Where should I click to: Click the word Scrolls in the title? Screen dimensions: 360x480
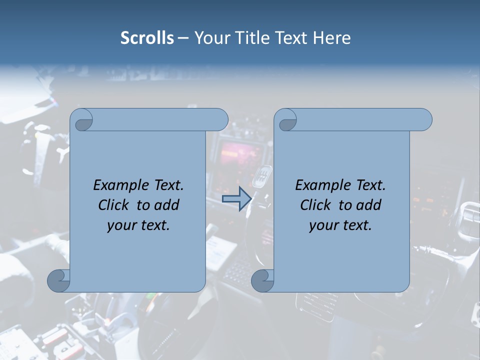click(x=147, y=38)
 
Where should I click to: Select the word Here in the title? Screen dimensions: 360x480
click(x=332, y=38)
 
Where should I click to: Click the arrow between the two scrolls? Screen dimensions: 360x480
click(x=236, y=199)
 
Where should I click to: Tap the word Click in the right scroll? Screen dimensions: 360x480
click(x=315, y=205)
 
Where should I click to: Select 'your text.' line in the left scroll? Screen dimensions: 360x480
click(x=138, y=225)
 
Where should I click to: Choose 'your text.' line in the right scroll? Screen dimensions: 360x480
click(x=340, y=225)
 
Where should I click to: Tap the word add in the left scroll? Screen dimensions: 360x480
click(x=166, y=205)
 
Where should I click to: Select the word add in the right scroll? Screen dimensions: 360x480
click(x=368, y=205)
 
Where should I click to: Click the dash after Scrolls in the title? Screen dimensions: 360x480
click(x=183, y=38)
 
